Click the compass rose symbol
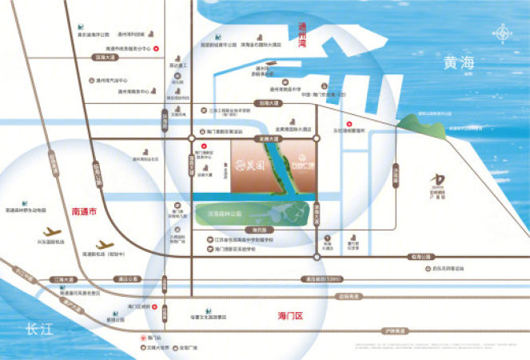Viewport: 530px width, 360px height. coord(503,34)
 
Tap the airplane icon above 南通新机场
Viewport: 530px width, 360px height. coord(103,243)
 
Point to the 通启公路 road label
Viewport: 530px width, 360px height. coord(128,280)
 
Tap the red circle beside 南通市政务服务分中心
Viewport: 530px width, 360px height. coord(157,48)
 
